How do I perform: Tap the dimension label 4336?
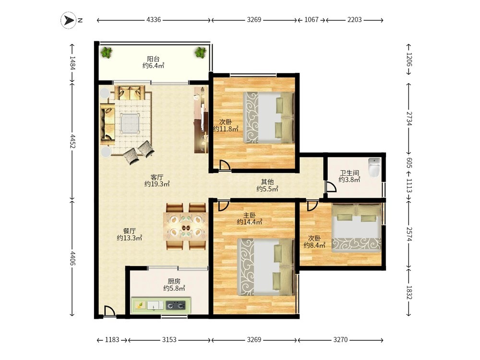[154, 20]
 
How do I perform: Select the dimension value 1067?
[312, 20]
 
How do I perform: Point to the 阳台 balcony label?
[153, 59]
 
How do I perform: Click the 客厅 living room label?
[157, 177]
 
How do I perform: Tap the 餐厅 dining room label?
[129, 231]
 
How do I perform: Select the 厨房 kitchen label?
[174, 281]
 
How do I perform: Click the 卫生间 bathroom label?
[349, 173]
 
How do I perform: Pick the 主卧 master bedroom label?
[250, 215]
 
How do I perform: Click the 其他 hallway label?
[267, 182]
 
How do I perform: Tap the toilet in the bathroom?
[374, 167]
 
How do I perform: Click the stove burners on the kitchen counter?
[176, 305]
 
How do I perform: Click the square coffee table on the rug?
[131, 124]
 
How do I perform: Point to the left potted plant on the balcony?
[107, 52]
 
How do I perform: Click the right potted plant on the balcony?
[201, 52]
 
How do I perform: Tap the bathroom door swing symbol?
[331, 187]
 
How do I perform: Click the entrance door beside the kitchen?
[109, 312]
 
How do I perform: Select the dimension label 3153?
[169, 340]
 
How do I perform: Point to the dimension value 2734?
[409, 119]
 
